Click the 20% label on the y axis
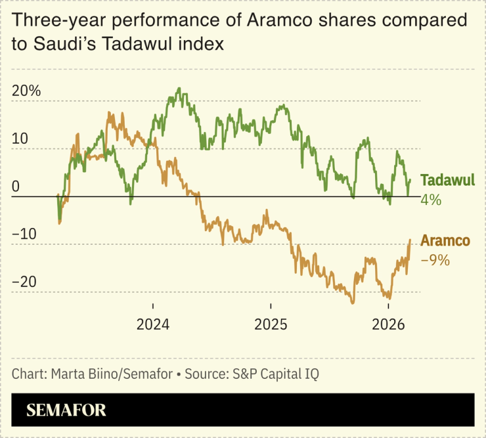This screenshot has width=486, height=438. tap(26, 91)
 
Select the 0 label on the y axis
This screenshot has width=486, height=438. tap(15, 187)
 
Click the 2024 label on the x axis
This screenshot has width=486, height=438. tap(153, 324)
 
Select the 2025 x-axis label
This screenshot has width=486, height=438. tap(271, 324)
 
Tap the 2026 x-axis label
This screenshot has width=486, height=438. tap(388, 324)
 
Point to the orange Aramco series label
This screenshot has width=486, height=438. tap(445, 241)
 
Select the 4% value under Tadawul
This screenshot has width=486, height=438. tap(431, 200)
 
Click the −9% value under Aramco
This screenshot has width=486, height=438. tap(435, 260)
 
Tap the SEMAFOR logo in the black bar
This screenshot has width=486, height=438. tap(66, 411)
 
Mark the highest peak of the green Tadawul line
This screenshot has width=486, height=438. tap(178, 89)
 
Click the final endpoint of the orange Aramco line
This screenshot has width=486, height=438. tap(410, 240)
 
